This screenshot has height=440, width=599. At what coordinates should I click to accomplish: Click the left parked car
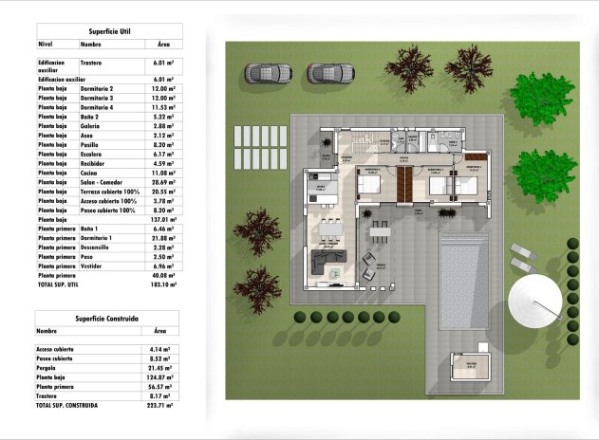[269, 72]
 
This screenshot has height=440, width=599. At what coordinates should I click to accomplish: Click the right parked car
[330, 72]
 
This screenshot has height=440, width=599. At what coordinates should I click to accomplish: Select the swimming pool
[465, 279]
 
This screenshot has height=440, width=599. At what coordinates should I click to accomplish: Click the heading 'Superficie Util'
[109, 30]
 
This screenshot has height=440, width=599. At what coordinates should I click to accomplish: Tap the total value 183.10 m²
[163, 284]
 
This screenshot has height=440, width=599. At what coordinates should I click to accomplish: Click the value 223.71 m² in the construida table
[163, 405]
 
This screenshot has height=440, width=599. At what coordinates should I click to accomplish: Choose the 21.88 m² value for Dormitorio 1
[163, 238]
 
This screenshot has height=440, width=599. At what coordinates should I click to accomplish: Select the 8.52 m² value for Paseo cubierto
[163, 358]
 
